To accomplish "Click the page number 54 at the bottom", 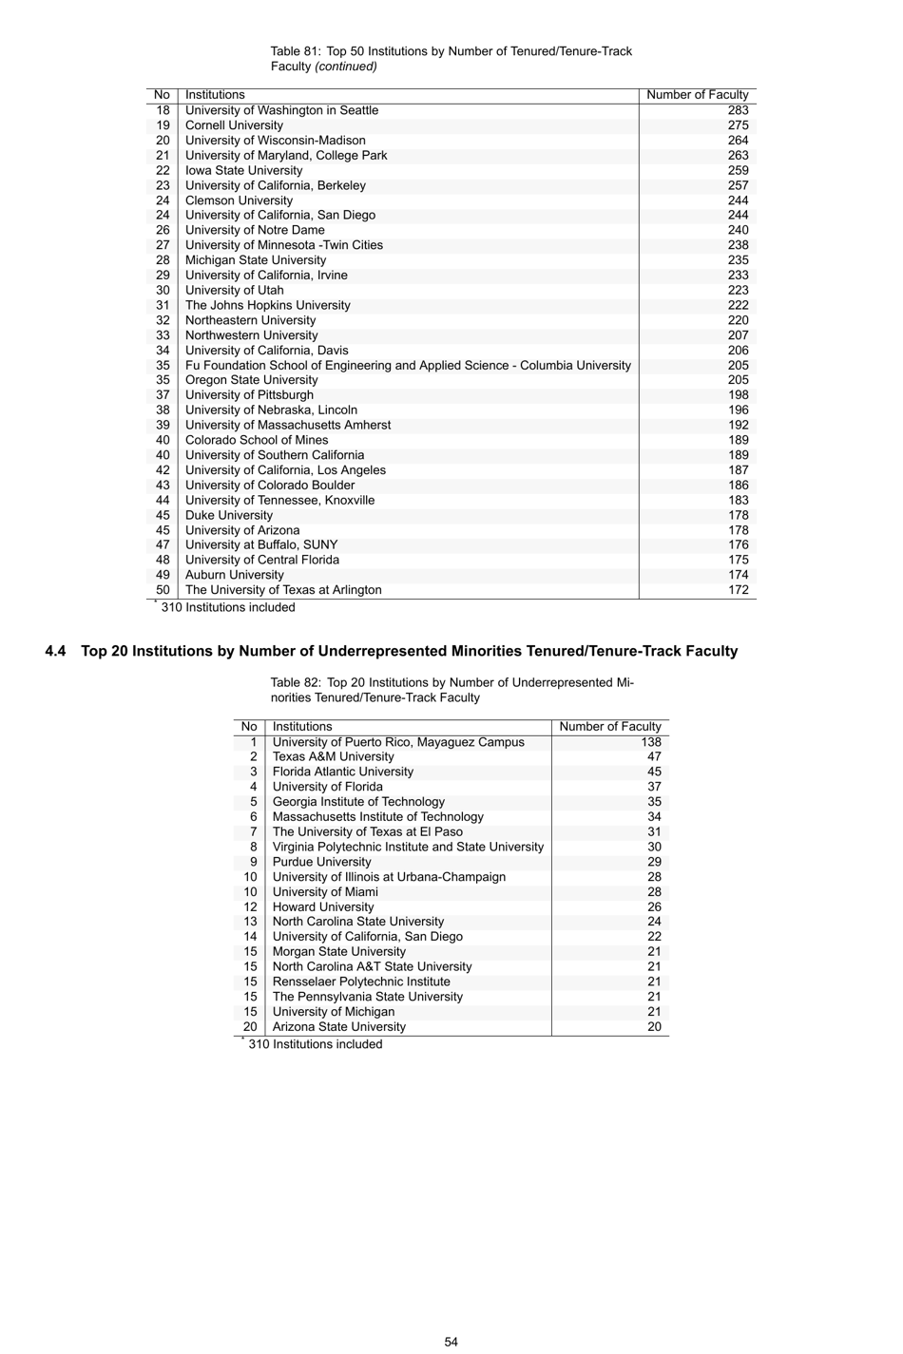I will pos(451,1342).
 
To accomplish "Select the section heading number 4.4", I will pos(55,651).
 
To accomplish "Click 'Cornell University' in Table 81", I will pos(234,125).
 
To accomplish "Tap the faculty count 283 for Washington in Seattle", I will pos(738,110).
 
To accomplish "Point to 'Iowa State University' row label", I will pos(243,170).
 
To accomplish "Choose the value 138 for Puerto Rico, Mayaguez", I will pos(650,742).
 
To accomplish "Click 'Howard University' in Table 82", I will pos(323,906).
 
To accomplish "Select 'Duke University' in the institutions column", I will pos(229,515).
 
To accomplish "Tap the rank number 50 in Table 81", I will pos(163,590).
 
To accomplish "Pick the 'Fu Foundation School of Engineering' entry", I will pos(408,365).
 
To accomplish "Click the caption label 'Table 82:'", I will pos(296,682).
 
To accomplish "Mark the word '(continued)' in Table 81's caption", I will pos(346,67).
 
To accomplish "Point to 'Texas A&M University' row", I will pos(333,756).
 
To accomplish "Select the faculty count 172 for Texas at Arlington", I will pos(738,590).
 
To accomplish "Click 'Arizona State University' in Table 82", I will pos(338,1026).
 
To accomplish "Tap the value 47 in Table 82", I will pos(654,756).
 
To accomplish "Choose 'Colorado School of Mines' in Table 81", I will pos(257,440).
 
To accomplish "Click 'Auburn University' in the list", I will pos(234,575).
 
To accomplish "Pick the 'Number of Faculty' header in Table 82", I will pos(609,727).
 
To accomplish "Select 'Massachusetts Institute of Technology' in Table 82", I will pos(377,816).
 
